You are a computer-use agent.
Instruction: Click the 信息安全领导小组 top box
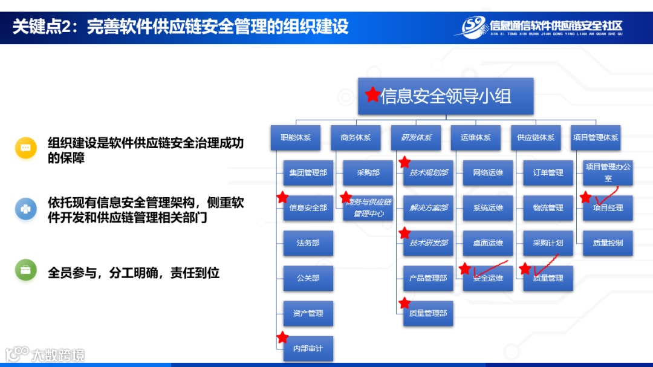click(x=446, y=96)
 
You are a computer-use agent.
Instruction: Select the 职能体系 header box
click(x=295, y=138)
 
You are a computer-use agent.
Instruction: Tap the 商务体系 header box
click(x=356, y=138)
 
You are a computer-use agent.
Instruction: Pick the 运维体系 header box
click(x=475, y=138)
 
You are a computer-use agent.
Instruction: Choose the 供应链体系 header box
click(x=535, y=138)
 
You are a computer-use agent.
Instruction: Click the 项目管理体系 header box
click(x=596, y=138)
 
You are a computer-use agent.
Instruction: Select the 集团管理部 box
click(x=308, y=173)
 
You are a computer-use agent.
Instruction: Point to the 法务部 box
click(x=308, y=243)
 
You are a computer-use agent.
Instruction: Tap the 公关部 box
click(x=308, y=278)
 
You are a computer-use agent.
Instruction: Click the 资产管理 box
click(x=308, y=313)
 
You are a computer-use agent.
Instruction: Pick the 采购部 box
click(x=368, y=173)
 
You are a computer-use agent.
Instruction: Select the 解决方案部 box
click(x=428, y=208)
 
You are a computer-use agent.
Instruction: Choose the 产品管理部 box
click(x=428, y=278)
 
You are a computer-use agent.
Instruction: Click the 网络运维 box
click(x=488, y=173)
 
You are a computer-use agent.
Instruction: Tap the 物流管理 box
click(x=548, y=208)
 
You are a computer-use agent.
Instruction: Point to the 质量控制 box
click(x=608, y=243)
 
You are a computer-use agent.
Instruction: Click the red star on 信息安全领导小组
click(x=372, y=94)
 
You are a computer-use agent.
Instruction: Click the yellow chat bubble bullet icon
click(x=26, y=148)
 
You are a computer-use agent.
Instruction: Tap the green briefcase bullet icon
click(x=26, y=270)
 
